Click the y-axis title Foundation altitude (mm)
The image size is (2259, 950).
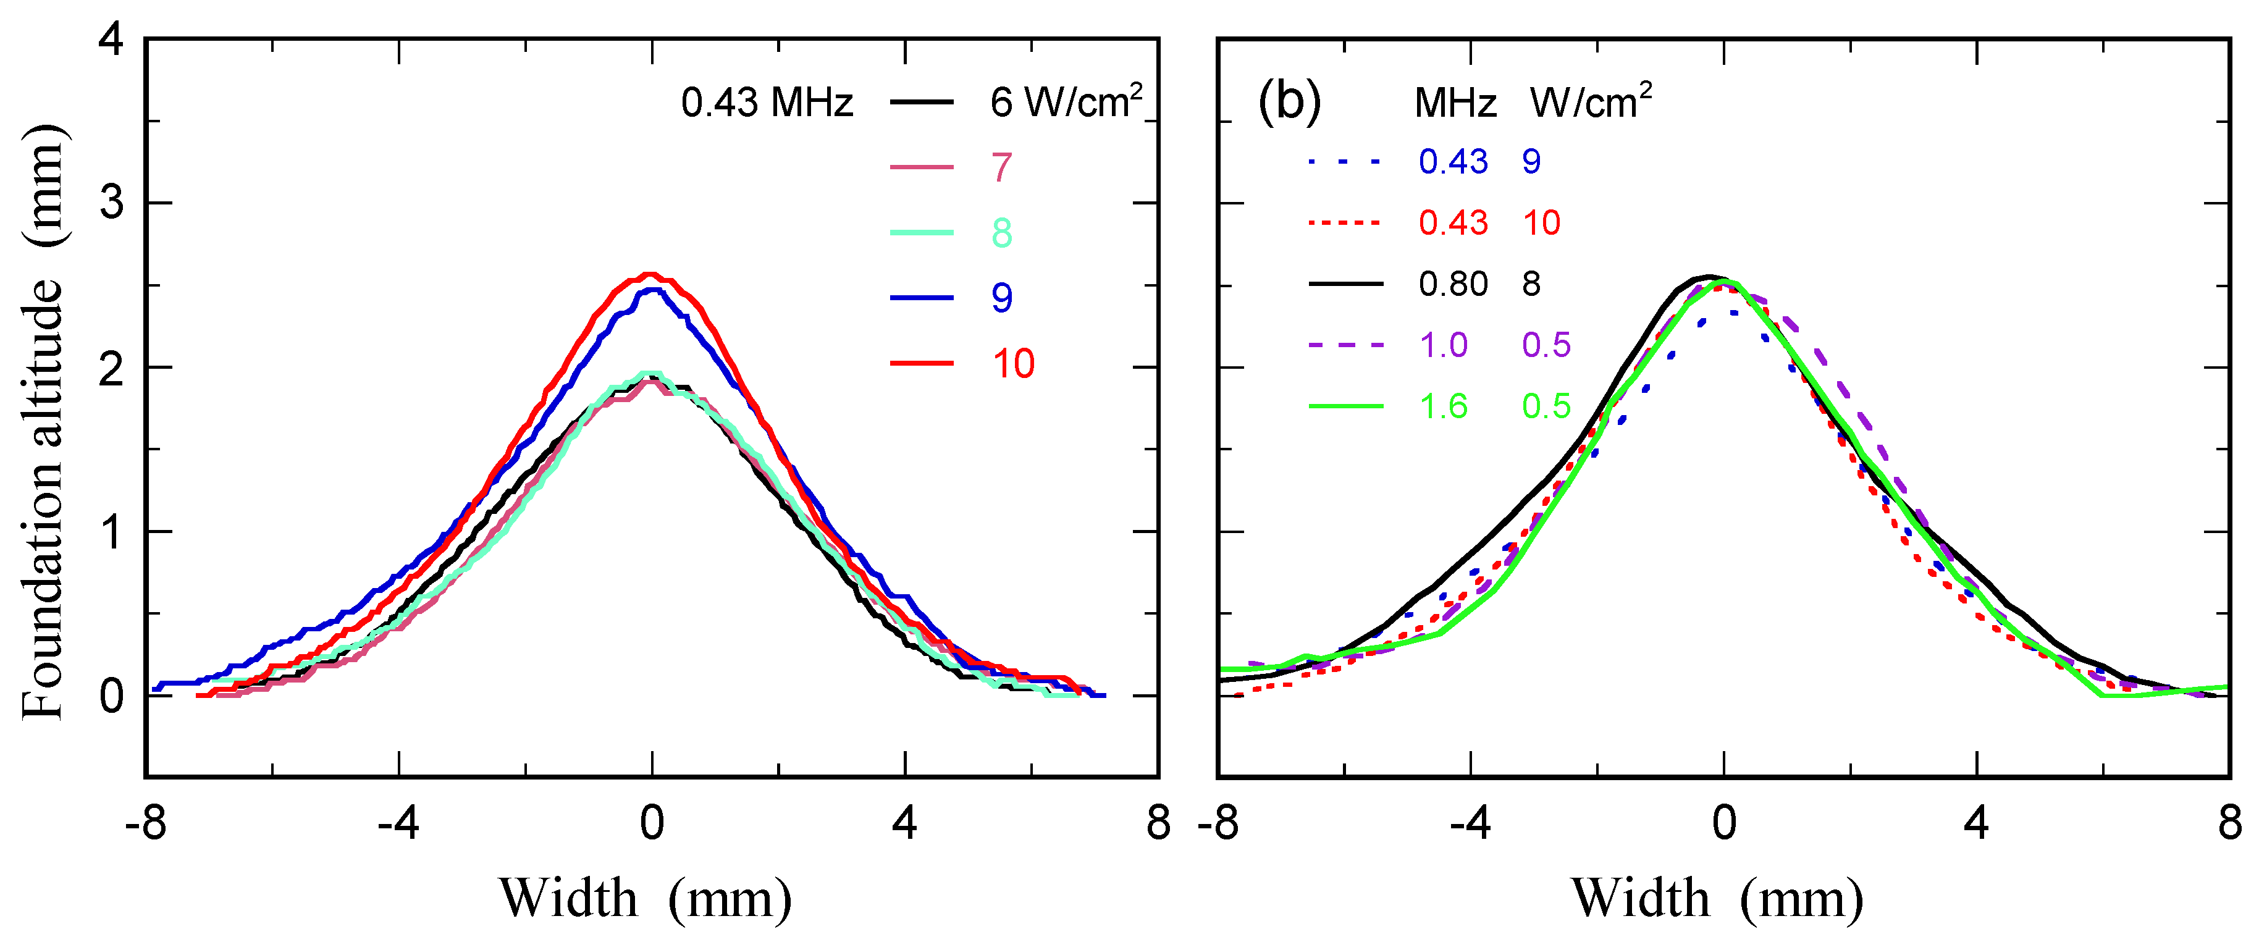[42, 421]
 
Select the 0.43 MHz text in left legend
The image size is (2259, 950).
[767, 104]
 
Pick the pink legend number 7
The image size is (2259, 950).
[1001, 167]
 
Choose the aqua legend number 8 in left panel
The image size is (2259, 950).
[1001, 233]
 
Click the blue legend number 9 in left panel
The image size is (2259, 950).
[1001, 298]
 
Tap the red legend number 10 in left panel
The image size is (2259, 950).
[1013, 364]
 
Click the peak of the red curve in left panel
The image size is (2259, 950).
[650, 275]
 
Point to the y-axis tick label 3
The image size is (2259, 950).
[111, 203]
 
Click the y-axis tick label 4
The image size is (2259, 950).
[111, 40]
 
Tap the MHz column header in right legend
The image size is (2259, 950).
[1455, 104]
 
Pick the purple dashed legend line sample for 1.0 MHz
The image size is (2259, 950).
[1345, 345]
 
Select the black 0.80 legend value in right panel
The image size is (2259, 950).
[1453, 284]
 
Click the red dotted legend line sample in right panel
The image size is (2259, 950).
[1345, 223]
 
